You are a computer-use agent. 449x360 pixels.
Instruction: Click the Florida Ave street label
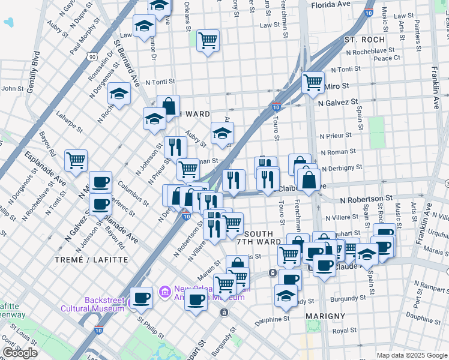click(331, 4)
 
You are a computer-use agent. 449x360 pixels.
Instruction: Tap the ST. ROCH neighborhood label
click(364, 40)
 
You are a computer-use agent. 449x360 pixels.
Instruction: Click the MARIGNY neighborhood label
click(325, 316)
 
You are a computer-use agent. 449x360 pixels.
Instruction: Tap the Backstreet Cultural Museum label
click(92, 304)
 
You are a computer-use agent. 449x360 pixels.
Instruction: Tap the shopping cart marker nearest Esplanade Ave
click(76, 160)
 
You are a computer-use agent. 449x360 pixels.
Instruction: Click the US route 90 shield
click(91, 56)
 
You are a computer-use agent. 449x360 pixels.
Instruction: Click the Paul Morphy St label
click(82, 41)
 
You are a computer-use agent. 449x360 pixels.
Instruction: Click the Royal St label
click(345, 330)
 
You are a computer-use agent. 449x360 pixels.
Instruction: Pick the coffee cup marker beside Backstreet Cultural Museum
click(142, 296)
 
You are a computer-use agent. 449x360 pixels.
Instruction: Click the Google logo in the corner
click(20, 353)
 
